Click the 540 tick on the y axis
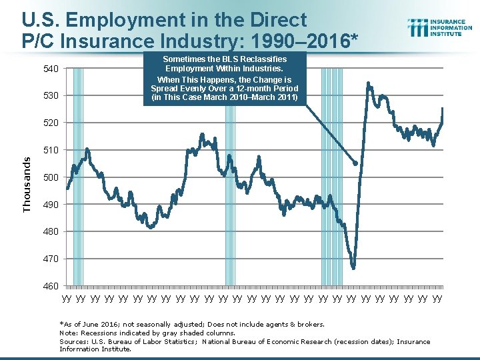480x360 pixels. (51, 69)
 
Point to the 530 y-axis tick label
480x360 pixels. (51, 96)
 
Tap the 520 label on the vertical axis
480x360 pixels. (51, 123)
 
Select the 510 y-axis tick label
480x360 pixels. (51, 150)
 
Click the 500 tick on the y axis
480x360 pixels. (51, 177)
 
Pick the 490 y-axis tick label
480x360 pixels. (51, 205)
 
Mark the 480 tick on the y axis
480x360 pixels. (51, 231)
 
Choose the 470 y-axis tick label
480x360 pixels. (51, 259)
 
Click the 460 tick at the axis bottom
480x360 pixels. (51, 286)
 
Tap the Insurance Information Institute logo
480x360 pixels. (440, 27)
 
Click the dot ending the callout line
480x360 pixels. (355, 163)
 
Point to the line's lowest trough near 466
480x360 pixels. (353, 268)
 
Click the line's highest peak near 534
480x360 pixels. (369, 83)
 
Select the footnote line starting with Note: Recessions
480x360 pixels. (147, 333)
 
